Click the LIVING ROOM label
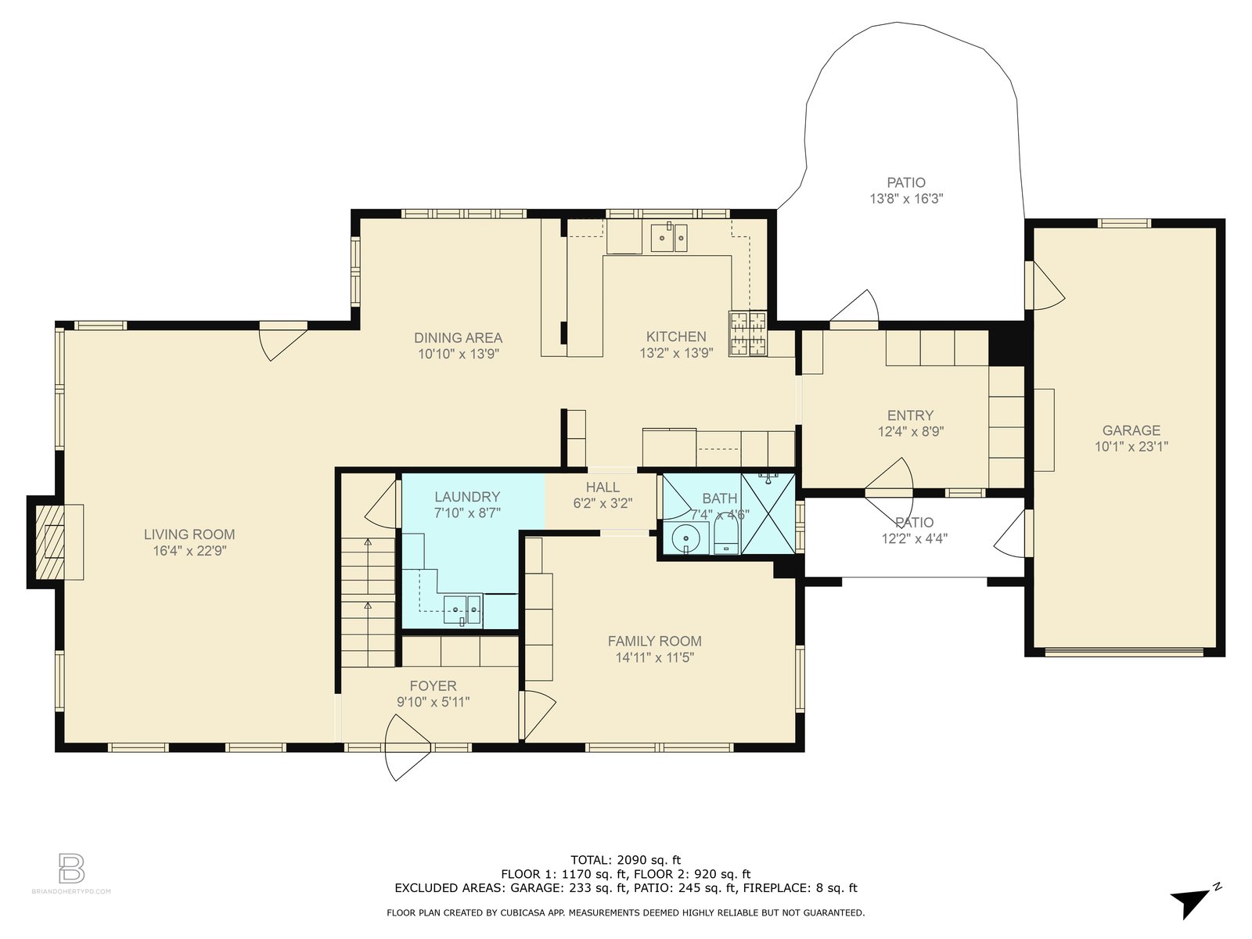[x=189, y=534]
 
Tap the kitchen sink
[x=669, y=238]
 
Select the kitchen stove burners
[x=748, y=333]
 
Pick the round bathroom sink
[x=685, y=538]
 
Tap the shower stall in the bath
[x=768, y=513]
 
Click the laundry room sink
[x=462, y=610]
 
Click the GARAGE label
[x=1131, y=430]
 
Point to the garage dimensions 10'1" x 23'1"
[x=1131, y=446]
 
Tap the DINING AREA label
[x=458, y=337]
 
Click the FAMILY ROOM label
[x=654, y=641]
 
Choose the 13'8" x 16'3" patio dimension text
[x=906, y=199]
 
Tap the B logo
[x=72, y=868]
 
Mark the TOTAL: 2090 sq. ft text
[x=626, y=860]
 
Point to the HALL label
[x=603, y=487]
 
